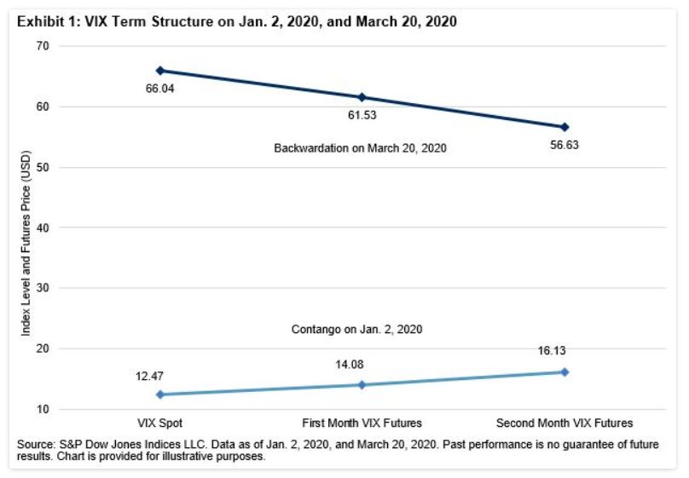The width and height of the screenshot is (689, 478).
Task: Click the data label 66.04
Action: tap(159, 87)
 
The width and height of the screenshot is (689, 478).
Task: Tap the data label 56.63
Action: tap(564, 143)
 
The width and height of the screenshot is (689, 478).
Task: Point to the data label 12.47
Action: tap(159, 375)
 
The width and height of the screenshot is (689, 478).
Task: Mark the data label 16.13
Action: tap(564, 350)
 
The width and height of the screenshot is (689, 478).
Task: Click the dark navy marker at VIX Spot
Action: tap(159, 71)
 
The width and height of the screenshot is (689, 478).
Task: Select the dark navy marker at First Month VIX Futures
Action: tap(362, 97)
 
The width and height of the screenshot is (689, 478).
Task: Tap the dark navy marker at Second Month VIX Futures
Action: tap(564, 127)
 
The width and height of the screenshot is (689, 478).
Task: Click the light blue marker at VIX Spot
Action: tap(159, 394)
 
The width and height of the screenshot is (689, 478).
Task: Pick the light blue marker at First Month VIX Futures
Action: tap(362, 385)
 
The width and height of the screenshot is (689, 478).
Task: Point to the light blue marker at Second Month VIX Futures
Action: tap(564, 372)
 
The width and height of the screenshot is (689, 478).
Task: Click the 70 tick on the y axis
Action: tap(41, 46)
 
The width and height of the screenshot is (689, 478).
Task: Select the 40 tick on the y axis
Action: tap(41, 227)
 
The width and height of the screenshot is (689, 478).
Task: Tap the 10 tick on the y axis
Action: tap(41, 410)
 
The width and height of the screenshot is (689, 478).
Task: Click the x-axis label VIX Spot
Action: tap(159, 423)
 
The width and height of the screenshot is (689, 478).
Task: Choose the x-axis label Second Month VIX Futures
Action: tap(564, 423)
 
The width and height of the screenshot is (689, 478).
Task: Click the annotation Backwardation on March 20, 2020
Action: tap(361, 148)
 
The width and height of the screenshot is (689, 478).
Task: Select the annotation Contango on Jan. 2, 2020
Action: tap(362, 328)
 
